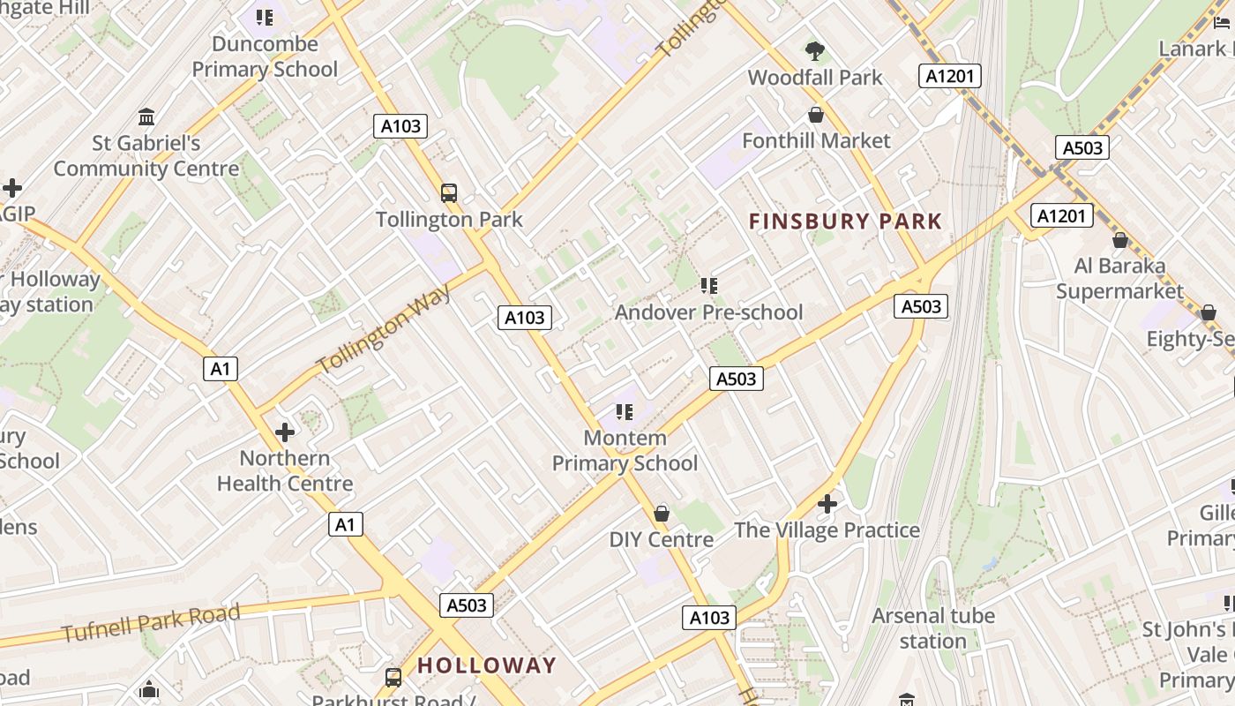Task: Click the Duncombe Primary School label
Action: pyautogui.click(x=265, y=56)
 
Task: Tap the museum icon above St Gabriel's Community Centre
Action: pyautogui.click(x=146, y=116)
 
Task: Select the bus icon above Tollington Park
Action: pyautogui.click(x=449, y=192)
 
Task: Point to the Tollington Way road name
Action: pyautogui.click(x=384, y=328)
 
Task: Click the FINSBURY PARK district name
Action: pyautogui.click(x=845, y=222)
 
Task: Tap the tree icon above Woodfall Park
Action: pyautogui.click(x=815, y=51)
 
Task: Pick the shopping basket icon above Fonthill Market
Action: pyautogui.click(x=816, y=115)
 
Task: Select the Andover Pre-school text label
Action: pyautogui.click(x=708, y=312)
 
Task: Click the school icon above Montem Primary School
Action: pyautogui.click(x=625, y=412)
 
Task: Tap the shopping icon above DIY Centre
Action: pyautogui.click(x=662, y=514)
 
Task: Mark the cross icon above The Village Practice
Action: pyautogui.click(x=827, y=504)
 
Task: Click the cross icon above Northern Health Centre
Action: pyautogui.click(x=285, y=432)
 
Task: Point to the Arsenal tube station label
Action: pyautogui.click(x=933, y=628)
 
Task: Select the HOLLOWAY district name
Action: pyautogui.click(x=487, y=665)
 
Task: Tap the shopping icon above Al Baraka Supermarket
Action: pyautogui.click(x=1120, y=240)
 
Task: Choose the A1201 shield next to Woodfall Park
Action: pyautogui.click(x=950, y=76)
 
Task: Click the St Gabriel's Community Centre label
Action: pyautogui.click(x=146, y=156)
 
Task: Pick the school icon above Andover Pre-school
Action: pyautogui.click(x=709, y=286)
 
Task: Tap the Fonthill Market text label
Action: pyautogui.click(x=816, y=141)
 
